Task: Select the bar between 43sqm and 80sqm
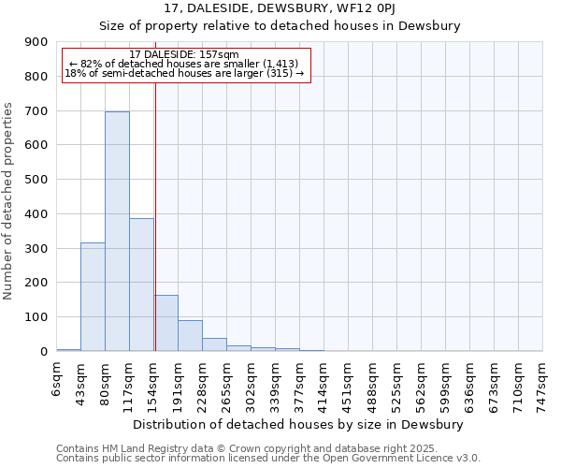click(93, 297)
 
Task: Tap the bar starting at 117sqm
click(141, 285)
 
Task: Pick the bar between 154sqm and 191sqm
click(165, 323)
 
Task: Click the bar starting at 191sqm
click(190, 336)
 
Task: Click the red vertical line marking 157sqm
click(155, 215)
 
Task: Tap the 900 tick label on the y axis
click(36, 42)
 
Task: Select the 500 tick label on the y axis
click(36, 180)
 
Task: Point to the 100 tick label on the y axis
click(36, 317)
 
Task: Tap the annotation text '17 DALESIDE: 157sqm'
click(184, 54)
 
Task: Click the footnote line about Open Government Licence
click(268, 459)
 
